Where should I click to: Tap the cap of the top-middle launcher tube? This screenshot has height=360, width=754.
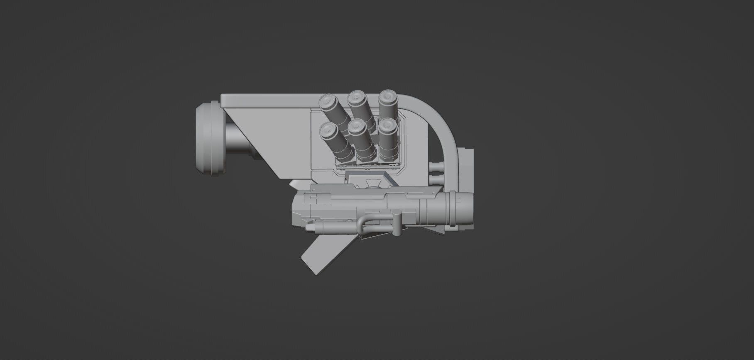click(x=355, y=98)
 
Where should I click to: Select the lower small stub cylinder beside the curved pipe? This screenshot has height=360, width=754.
click(x=436, y=180)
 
